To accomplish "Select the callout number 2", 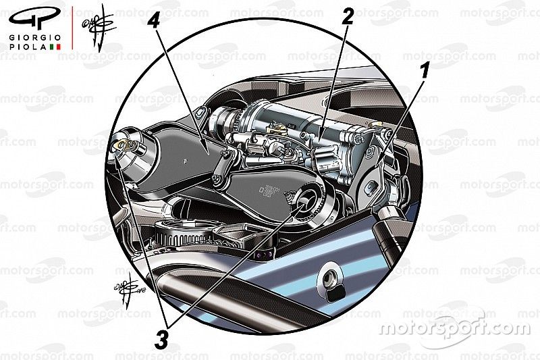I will (348, 17).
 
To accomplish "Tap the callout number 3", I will (161, 340).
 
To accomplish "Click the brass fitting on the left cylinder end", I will (124, 142).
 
